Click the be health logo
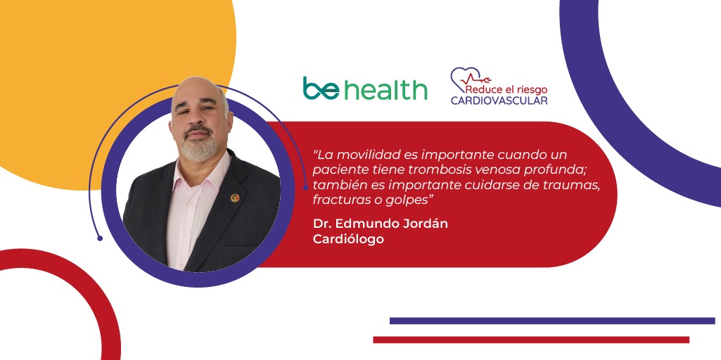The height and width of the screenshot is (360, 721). (x=364, y=89)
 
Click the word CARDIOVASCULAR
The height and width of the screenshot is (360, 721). (x=499, y=101)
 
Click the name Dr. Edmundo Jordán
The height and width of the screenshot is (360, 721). (x=381, y=224)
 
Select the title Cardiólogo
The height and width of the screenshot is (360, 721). (x=348, y=240)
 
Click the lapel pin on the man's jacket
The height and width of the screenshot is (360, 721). (x=235, y=198)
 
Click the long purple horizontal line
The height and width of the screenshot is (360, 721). (x=552, y=321)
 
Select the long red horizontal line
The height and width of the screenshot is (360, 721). (x=531, y=340)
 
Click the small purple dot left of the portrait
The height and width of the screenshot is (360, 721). (x=100, y=238)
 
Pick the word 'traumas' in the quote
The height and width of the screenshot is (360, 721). (x=580, y=186)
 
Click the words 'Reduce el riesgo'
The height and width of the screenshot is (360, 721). (x=506, y=89)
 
